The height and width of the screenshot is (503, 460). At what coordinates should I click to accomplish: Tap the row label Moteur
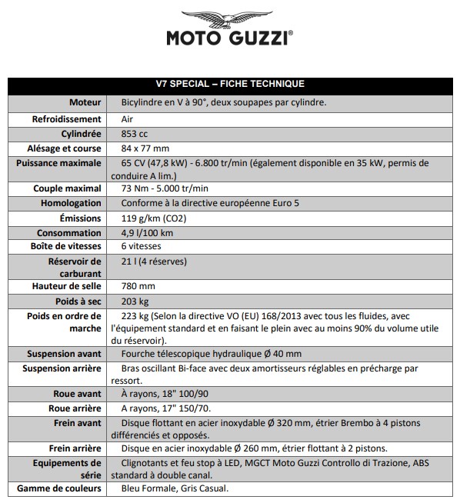(85, 102)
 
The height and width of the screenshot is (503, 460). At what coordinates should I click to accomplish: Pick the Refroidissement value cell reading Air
(128, 119)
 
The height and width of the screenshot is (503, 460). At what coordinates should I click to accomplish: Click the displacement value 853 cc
(135, 134)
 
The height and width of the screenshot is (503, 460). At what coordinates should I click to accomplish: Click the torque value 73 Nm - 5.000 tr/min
(165, 188)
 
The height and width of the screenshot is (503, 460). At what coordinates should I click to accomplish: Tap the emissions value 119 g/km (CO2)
(158, 218)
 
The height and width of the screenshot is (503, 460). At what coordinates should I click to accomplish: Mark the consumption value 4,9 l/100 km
(147, 233)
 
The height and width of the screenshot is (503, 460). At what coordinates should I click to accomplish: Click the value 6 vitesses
(141, 248)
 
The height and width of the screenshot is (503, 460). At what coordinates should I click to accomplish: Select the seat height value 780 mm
(138, 286)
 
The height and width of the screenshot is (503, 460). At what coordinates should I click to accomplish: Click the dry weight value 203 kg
(135, 301)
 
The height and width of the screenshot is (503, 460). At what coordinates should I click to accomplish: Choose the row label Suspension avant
(64, 354)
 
